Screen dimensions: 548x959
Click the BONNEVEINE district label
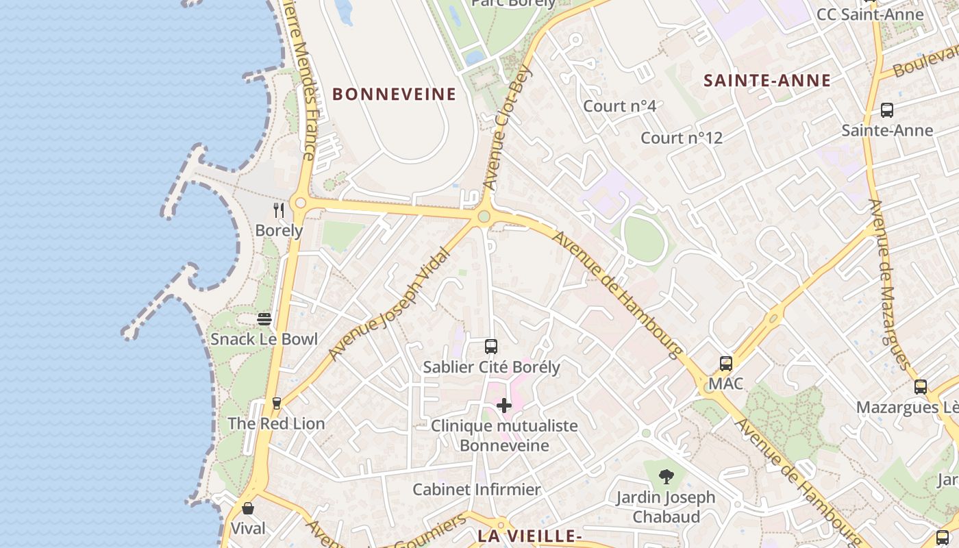coord(395,95)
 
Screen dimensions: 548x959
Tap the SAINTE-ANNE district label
coord(767,81)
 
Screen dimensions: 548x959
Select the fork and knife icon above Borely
coord(279,210)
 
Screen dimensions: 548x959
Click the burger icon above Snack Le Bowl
coord(264,319)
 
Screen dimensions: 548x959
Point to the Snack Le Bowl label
coord(264,339)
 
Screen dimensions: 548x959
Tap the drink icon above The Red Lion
coord(277,403)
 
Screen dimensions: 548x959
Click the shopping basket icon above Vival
coord(248,508)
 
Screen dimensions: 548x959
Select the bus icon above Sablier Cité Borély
coord(490,347)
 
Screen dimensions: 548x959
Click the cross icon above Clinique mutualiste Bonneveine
coord(504,406)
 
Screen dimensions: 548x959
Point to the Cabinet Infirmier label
coord(477,490)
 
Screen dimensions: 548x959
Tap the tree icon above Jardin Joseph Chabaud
coord(666,477)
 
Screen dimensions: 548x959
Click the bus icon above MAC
coord(725,364)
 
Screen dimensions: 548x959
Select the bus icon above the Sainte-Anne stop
coord(887,110)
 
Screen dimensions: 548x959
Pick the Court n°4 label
coord(619,106)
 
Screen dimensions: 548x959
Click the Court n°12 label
coord(682,138)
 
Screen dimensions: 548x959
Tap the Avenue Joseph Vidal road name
coord(389,304)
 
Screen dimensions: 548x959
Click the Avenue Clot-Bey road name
coord(507,127)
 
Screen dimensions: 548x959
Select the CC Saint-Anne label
coord(870,14)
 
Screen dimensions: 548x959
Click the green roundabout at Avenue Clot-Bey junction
coord(484,217)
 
